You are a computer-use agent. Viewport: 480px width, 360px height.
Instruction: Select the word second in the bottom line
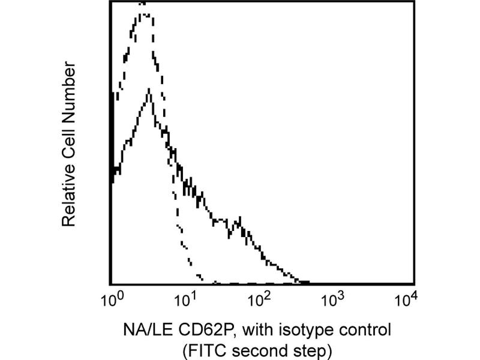coord(268,349)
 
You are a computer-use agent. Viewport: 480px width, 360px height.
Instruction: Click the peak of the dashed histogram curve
coord(143,5)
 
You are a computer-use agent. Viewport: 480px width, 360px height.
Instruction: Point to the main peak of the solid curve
coord(148,90)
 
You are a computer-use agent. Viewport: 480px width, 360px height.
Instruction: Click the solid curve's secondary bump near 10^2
coord(238,220)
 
